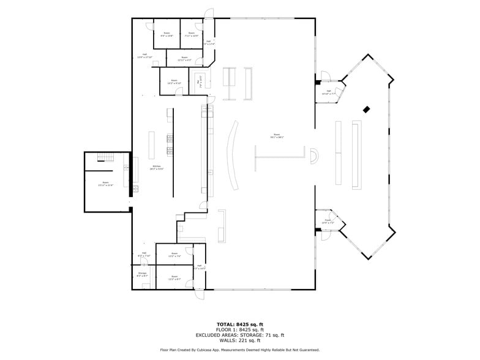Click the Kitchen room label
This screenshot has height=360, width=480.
coord(157,167)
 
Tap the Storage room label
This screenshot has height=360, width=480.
coord(142,275)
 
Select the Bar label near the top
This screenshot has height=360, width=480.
coord(200,85)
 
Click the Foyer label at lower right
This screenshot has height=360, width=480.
coord(328,221)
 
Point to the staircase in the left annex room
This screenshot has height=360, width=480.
coord(105,158)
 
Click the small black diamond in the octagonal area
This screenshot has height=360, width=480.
coord(366,110)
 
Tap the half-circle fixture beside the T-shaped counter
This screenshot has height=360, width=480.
coord(313,156)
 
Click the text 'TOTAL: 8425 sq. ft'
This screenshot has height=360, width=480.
coord(239,324)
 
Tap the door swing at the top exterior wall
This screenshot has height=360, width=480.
coord(210,13)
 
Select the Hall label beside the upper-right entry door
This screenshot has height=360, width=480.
coord(328,92)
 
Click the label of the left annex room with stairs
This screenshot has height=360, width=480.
coord(105,184)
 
